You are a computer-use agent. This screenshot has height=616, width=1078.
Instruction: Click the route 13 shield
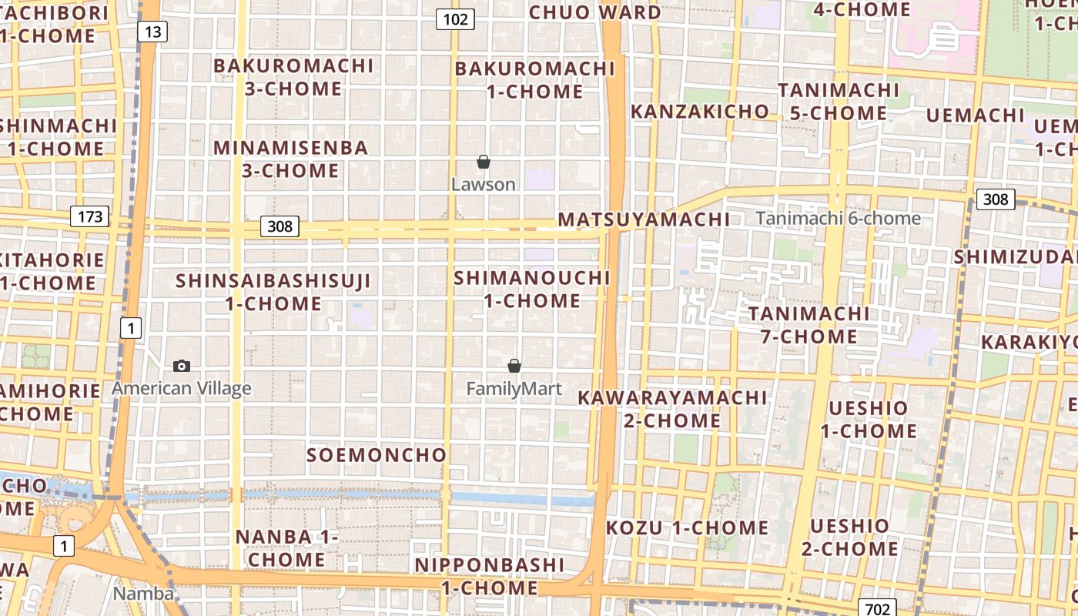152,32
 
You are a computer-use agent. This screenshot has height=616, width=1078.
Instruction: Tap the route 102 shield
455,19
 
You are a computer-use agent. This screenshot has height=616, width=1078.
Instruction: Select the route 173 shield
90,216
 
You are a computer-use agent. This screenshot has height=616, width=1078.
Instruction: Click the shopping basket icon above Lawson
484,162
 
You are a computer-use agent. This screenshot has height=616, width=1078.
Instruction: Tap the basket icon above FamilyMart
514,366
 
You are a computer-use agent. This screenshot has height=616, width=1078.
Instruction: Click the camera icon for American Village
182,366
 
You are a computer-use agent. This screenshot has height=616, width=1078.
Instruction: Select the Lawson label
484,185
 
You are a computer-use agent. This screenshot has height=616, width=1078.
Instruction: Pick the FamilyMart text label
514,389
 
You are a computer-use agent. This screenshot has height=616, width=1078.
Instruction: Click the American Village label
182,388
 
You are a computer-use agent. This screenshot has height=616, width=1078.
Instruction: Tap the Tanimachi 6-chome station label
839,219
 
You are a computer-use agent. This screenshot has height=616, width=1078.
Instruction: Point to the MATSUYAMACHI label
644,219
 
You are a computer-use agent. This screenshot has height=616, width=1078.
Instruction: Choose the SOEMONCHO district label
377,455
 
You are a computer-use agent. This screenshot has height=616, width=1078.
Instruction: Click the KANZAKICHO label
700,112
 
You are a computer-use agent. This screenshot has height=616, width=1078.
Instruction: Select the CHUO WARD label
594,12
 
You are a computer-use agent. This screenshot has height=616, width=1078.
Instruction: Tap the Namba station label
143,593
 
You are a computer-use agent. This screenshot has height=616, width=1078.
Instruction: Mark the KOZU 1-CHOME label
687,528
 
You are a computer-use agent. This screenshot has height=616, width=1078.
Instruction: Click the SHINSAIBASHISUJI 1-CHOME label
273,292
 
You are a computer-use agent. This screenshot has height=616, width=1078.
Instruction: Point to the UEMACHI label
975,115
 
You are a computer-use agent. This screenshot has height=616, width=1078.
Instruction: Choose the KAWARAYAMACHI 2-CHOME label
673,409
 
